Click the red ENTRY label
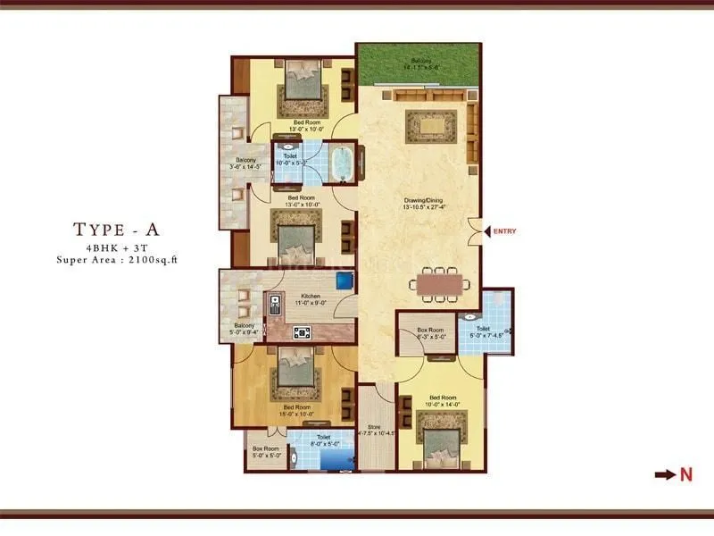pos(503,232)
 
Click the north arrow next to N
pos(666,475)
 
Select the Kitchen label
pos(311,299)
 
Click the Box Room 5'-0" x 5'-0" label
pos(266,452)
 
